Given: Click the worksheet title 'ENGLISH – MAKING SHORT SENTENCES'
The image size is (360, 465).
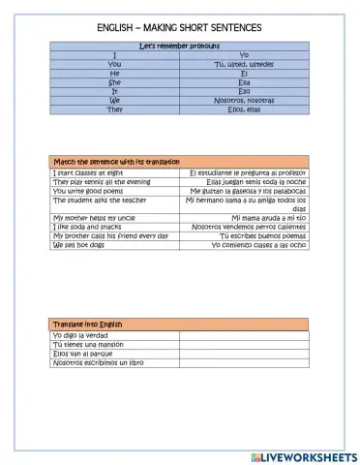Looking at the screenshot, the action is point(179,27).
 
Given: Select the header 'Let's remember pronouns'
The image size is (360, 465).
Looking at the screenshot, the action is point(179,46).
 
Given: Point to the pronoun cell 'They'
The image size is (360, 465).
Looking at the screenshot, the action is point(114,109).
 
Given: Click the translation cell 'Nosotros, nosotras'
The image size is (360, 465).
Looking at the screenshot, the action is point(244,100).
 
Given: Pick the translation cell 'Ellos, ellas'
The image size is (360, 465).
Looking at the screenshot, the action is point(244,109).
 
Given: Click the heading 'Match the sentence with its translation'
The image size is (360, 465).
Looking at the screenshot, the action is point(115,161).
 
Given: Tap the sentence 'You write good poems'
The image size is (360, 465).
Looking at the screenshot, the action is point(85,190).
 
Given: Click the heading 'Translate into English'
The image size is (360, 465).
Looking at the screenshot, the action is point(88,324).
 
